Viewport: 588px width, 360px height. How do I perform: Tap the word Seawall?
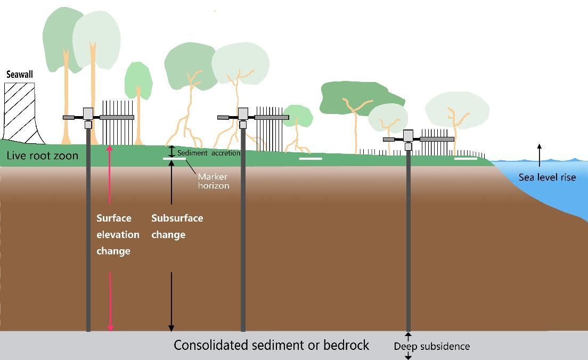(x=20, y=75)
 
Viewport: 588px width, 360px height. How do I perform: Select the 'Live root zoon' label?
(x=43, y=156)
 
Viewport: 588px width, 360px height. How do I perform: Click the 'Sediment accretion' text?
(x=208, y=153)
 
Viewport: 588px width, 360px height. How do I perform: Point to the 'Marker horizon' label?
(x=213, y=181)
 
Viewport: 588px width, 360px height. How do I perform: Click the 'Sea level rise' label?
(x=547, y=177)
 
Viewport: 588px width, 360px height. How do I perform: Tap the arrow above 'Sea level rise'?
(x=540, y=152)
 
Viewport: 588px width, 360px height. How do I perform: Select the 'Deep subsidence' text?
(x=431, y=346)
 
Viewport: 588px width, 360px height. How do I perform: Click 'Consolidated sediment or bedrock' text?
(x=271, y=345)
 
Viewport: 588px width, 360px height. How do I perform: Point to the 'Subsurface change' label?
(x=177, y=226)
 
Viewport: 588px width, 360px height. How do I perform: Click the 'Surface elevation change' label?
(x=118, y=234)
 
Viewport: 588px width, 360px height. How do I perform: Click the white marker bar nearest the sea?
(x=466, y=158)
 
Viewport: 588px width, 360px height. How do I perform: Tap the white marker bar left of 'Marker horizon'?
(x=174, y=158)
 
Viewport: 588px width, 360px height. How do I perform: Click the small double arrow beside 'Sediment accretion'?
(x=171, y=152)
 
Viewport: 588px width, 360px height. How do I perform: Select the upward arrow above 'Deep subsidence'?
(x=409, y=337)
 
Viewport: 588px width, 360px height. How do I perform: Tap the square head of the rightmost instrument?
(x=408, y=135)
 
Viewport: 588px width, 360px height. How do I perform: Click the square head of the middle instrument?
(x=243, y=113)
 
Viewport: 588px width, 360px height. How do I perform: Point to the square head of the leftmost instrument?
(x=88, y=113)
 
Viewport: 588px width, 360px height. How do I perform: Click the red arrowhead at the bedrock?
(x=111, y=327)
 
